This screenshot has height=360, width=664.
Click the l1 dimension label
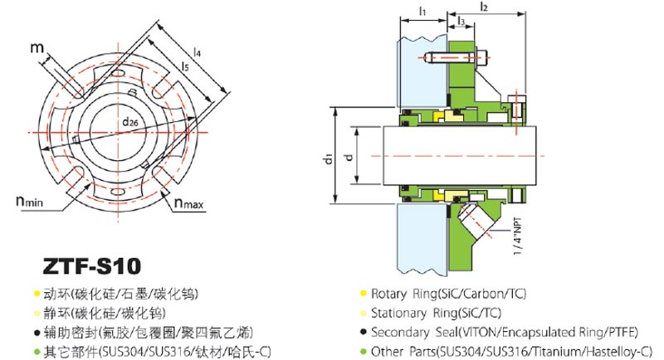click(422, 12)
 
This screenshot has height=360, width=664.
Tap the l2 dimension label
click(484, 7)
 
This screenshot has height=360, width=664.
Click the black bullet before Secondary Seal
click(363, 332)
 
